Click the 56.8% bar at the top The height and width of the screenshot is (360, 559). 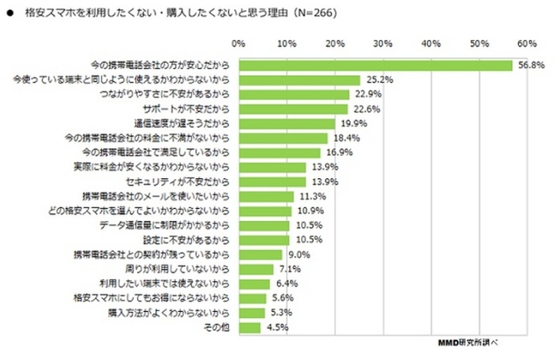pyautogui.click(x=376, y=65)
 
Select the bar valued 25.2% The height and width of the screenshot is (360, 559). pyautogui.click(x=299, y=80)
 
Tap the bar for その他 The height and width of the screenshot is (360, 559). pyautogui.click(x=249, y=327)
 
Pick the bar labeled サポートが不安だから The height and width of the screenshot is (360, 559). pyautogui.click(x=293, y=109)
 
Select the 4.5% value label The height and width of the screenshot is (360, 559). pyautogui.click(x=275, y=327)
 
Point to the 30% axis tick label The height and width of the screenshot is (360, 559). pyautogui.click(x=383, y=43)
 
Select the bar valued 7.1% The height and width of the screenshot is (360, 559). pyautogui.click(x=256, y=269)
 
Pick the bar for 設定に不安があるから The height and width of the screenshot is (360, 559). pyautogui.click(x=263, y=240)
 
